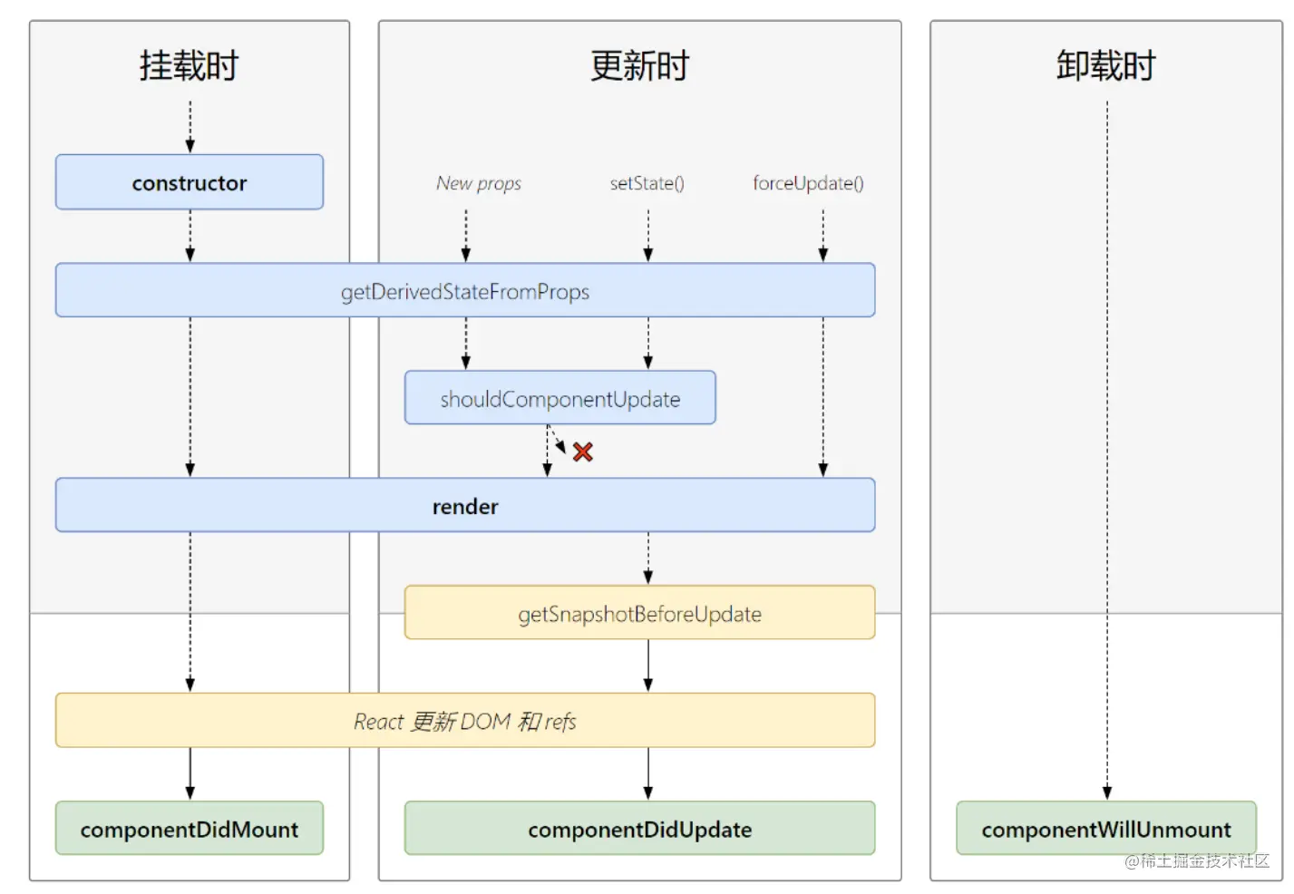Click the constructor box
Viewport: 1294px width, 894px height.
pos(189,182)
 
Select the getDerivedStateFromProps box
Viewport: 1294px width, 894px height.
pos(464,291)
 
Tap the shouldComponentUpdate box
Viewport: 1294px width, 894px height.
pos(559,398)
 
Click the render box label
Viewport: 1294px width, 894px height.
pos(464,506)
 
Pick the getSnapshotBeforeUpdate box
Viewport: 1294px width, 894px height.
pos(639,614)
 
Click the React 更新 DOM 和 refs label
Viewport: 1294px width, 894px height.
pos(464,721)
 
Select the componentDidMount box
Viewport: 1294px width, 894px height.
pos(189,829)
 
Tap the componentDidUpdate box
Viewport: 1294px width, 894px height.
pos(639,829)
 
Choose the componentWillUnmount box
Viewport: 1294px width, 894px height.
pos(1105,829)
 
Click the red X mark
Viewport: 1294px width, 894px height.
pos(582,452)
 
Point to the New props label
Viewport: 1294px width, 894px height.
pos(479,183)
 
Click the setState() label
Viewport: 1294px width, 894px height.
pos(647,183)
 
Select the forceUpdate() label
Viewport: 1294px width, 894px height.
pos(808,183)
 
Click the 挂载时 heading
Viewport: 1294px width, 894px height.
pos(189,66)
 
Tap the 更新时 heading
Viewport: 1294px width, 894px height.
pos(639,66)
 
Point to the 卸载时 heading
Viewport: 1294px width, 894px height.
pos(1105,66)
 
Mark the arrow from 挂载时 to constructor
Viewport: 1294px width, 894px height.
pos(190,127)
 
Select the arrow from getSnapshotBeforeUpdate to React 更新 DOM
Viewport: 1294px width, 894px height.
pos(647,666)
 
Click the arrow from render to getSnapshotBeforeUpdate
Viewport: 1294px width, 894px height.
pos(647,558)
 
